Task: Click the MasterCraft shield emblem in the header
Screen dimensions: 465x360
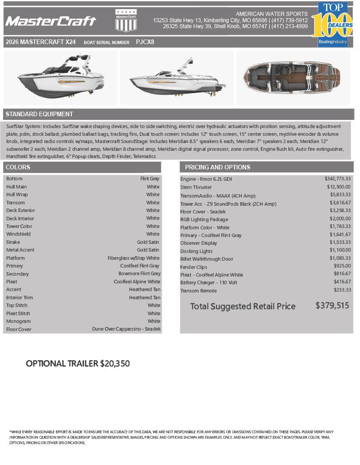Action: point(126,21)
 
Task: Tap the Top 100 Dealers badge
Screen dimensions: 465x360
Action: point(335,24)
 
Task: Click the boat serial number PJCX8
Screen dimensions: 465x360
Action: point(145,42)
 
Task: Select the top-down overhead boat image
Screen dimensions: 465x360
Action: point(293,77)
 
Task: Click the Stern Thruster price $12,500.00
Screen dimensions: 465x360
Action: point(338,187)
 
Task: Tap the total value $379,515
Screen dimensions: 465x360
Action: point(332,306)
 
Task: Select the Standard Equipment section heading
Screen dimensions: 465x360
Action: point(39,114)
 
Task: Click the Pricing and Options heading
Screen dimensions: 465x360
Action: point(217,167)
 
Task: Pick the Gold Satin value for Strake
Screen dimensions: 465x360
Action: point(148,242)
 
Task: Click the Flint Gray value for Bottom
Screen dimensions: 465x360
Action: point(150,179)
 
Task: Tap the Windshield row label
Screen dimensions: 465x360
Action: point(19,234)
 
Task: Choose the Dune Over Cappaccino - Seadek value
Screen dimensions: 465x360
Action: point(126,329)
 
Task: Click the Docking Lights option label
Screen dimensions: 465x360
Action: point(196,251)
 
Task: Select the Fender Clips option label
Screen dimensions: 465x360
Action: point(194,267)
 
